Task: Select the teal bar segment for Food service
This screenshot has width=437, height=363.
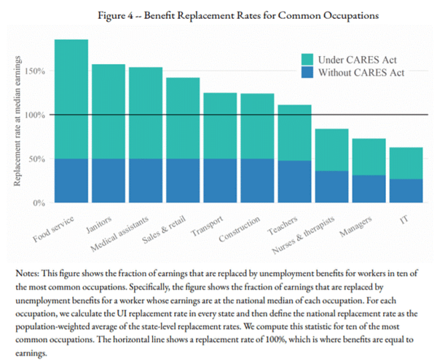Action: tap(71, 99)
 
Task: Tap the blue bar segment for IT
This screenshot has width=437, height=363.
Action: tap(405, 191)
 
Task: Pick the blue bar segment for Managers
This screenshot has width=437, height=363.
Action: tap(369, 188)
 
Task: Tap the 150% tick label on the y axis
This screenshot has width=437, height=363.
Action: tap(36, 71)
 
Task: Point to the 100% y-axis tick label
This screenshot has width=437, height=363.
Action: tap(36, 115)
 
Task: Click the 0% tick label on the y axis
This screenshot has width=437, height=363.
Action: tap(40, 202)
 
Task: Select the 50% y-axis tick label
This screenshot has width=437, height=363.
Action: tap(39, 159)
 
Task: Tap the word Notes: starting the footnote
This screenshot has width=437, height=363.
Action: tap(28, 272)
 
